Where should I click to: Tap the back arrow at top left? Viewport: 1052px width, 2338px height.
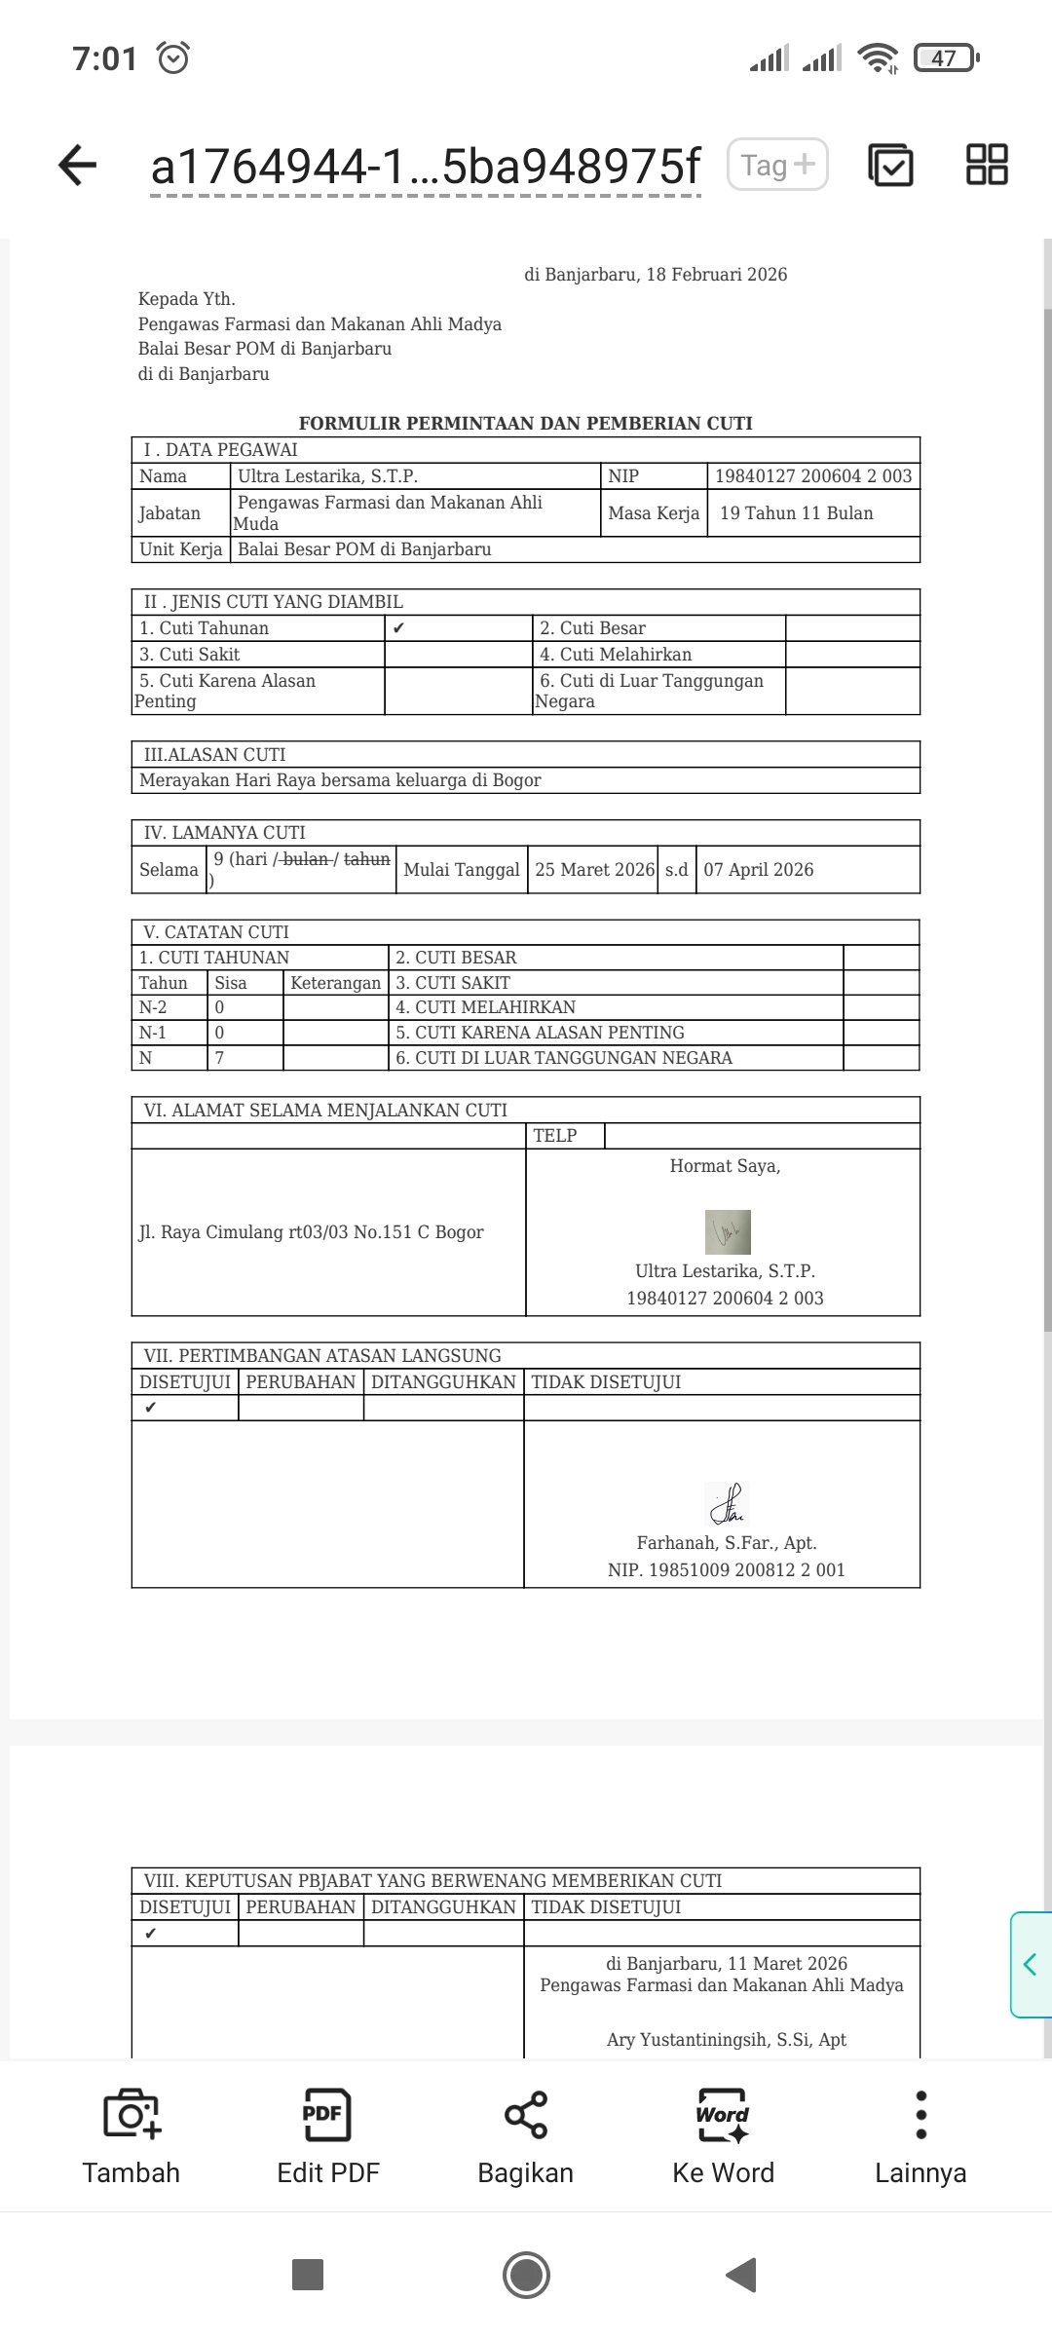[78, 165]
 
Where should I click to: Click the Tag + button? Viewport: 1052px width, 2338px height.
[777, 165]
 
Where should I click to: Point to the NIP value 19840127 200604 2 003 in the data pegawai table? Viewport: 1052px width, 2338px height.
[813, 476]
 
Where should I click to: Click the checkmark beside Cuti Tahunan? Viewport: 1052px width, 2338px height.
[398, 628]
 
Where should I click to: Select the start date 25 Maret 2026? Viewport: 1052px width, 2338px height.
[595, 870]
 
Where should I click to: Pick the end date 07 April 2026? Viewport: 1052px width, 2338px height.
[759, 870]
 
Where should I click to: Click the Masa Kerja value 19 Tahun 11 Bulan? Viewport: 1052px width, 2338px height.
[797, 513]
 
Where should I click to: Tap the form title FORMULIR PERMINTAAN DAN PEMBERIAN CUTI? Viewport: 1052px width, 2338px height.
[525, 423]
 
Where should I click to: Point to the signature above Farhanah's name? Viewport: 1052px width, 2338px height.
[727, 1504]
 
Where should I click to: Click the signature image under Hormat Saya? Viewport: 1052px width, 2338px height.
[728, 1232]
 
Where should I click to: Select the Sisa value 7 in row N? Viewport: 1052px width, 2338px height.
[220, 1058]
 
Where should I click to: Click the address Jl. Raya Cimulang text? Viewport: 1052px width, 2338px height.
[312, 1232]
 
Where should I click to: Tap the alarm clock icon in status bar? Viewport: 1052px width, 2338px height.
[173, 58]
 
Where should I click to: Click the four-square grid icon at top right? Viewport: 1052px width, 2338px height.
[987, 165]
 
